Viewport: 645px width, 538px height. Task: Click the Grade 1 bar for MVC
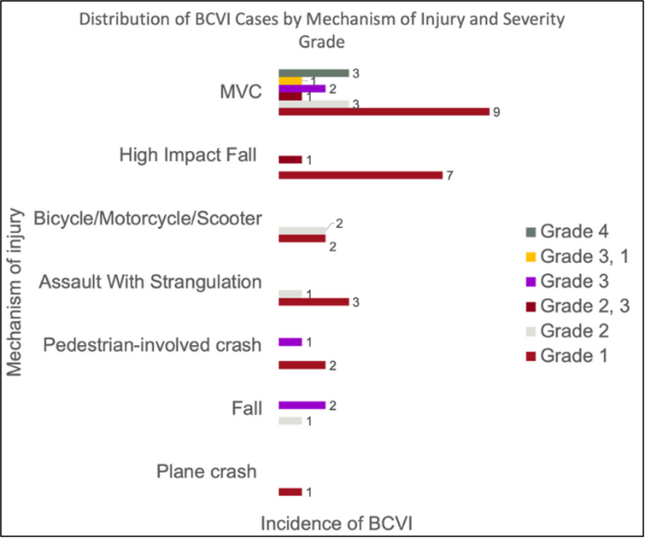[383, 111]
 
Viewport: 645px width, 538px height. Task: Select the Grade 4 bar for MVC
[313, 73]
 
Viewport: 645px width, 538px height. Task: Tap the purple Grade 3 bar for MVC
[302, 88]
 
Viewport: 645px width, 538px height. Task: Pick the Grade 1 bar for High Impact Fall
[360, 174]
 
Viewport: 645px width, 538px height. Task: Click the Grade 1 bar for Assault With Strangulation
[313, 302]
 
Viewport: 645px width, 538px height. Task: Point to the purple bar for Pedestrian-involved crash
[290, 342]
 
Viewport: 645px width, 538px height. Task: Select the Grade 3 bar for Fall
[302, 405]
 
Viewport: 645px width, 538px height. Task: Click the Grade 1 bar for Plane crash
[290, 492]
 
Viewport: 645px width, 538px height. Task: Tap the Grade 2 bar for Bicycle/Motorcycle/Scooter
[301, 230]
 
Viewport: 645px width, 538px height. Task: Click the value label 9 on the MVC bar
[497, 112]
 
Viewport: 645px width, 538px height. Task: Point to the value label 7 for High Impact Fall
[450, 175]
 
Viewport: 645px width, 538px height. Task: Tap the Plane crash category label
[205, 470]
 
